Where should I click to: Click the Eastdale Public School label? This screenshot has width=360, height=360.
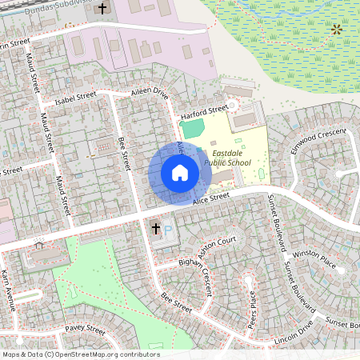tap(227, 156)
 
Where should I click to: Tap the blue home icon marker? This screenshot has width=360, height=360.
tap(180, 173)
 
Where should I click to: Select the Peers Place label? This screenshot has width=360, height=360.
tap(254, 305)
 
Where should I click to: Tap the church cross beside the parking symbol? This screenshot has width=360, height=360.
tap(156, 229)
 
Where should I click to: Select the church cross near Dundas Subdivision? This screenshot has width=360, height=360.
tap(102, 9)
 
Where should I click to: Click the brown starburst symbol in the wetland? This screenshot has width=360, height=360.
tap(337, 30)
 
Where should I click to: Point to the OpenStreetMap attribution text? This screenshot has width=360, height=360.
tap(81, 354)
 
